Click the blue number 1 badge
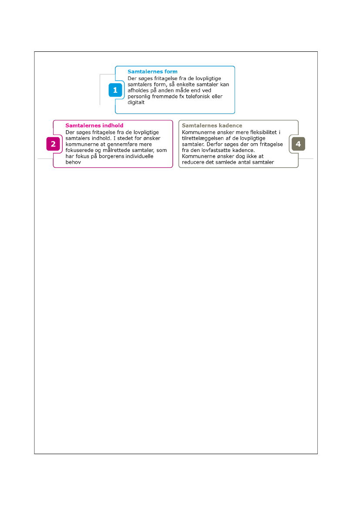[x=115, y=90]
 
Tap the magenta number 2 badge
[x=53, y=144]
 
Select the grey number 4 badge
[x=298, y=144]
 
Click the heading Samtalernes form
[x=152, y=71]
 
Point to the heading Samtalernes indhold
[x=94, y=125]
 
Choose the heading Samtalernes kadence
[x=212, y=125]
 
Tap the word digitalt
[x=136, y=103]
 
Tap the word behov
[x=72, y=162]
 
